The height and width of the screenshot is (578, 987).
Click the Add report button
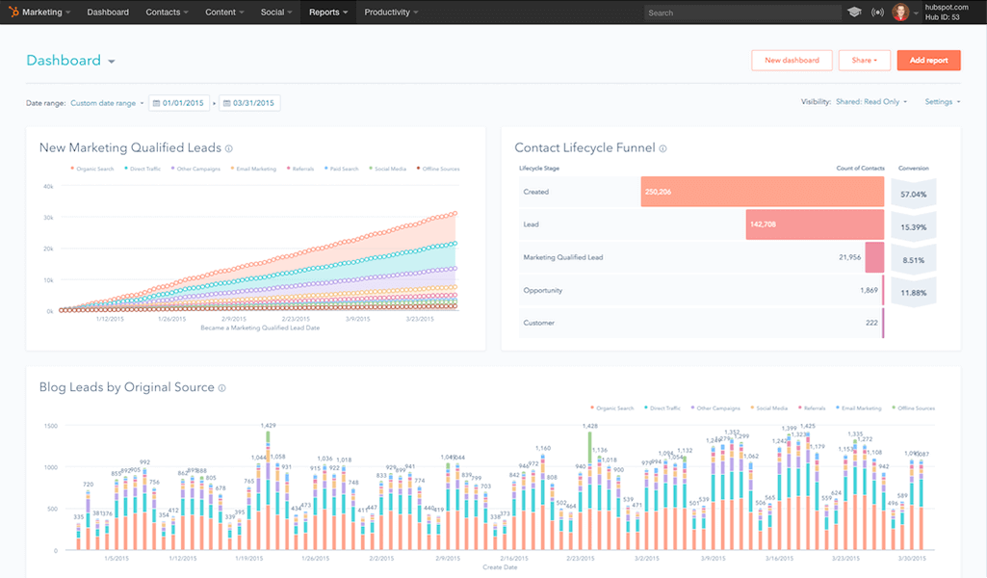[x=928, y=60]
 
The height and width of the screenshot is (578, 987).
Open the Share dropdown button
[x=864, y=60]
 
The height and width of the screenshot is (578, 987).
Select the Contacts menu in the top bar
[x=167, y=13]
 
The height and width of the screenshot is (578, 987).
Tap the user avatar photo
[x=900, y=13]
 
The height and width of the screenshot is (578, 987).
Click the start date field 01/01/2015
[x=179, y=102]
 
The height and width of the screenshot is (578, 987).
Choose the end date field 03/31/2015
[x=249, y=102]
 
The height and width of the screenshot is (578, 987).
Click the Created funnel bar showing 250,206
[x=762, y=192]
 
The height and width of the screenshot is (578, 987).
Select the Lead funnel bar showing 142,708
[x=814, y=224]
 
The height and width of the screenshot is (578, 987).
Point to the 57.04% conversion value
[x=913, y=194]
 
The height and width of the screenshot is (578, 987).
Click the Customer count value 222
[x=870, y=323]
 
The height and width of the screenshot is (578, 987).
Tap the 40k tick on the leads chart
[x=47, y=186]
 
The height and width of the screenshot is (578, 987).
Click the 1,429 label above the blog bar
[x=269, y=425]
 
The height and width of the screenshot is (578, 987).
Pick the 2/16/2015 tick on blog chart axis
[x=513, y=558]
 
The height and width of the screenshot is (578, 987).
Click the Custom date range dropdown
[x=107, y=102]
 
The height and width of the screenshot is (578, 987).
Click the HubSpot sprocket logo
[x=13, y=13]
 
